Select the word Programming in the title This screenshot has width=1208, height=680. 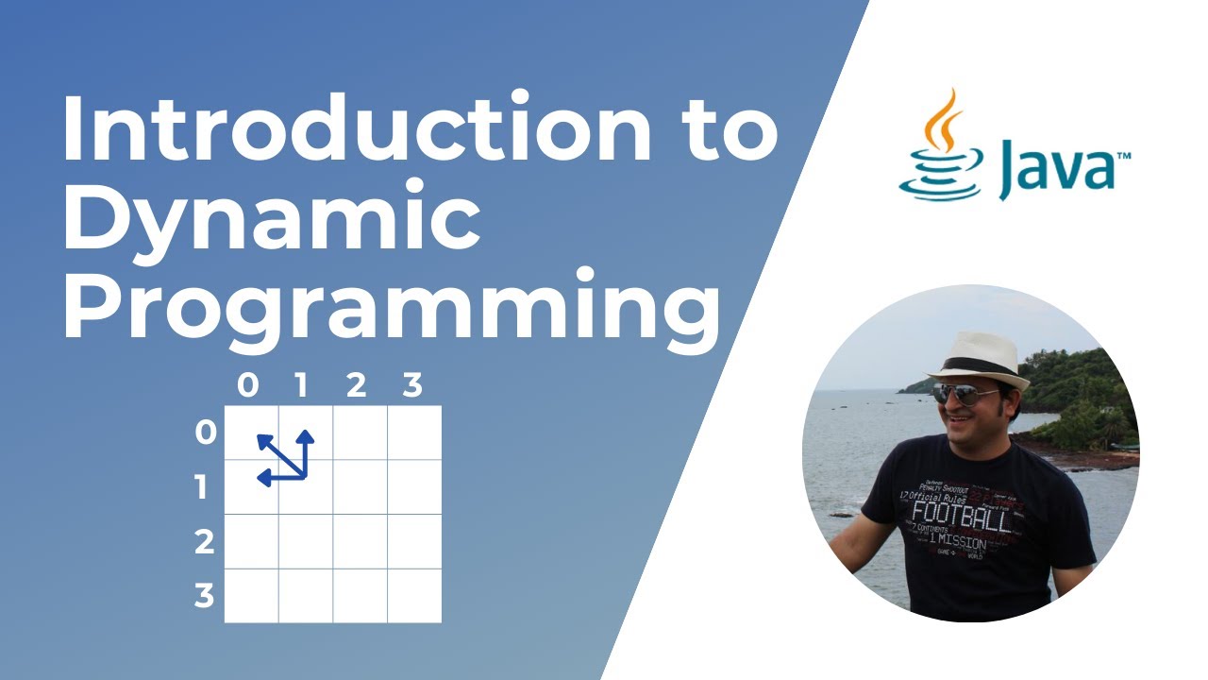pyautogui.click(x=391, y=308)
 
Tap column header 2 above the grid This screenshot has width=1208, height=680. pyautogui.click(x=356, y=385)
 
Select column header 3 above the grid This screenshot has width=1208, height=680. pyautogui.click(x=412, y=385)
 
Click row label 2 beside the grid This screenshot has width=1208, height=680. pyautogui.click(x=204, y=542)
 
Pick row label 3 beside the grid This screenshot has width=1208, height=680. pyautogui.click(x=204, y=596)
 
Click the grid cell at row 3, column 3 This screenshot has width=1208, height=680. pyautogui.click(x=414, y=596)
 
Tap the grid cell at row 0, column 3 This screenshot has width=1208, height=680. pyautogui.click(x=414, y=433)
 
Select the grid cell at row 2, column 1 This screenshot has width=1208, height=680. pyautogui.click(x=306, y=542)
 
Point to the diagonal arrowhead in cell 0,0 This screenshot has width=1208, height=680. pyautogui.click(x=263, y=439)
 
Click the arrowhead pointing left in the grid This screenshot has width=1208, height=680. pyautogui.click(x=263, y=479)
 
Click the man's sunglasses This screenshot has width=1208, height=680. pyautogui.click(x=965, y=393)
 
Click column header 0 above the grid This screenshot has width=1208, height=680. pyautogui.click(x=247, y=385)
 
